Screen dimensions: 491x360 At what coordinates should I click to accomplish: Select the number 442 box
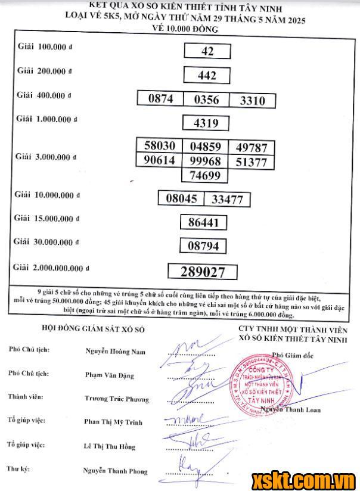coord(206,76)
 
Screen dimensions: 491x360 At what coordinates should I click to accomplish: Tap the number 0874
coord(160,100)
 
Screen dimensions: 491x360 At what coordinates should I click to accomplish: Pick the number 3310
coord(252,101)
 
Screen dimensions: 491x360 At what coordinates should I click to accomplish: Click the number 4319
coord(206,124)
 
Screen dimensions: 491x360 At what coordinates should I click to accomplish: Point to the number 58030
coord(160,147)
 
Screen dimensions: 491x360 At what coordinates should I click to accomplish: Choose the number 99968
coord(206,161)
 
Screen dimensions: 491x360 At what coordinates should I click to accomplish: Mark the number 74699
coord(206,175)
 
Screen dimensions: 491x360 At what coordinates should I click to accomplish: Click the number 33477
coord(226,200)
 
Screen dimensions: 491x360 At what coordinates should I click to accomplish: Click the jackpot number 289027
coord(203,272)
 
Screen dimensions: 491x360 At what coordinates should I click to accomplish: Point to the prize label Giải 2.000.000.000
coord(53,268)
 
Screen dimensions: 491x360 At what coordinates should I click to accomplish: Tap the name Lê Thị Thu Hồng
coord(110,446)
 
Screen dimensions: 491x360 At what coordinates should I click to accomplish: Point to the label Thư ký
coord(19,469)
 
